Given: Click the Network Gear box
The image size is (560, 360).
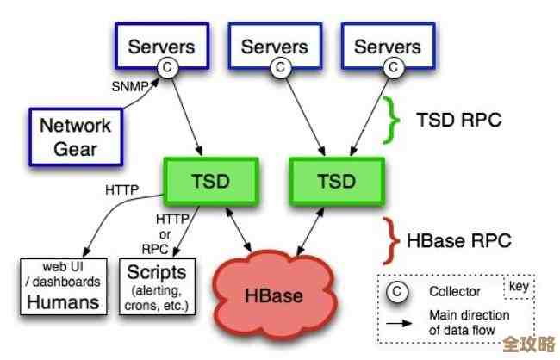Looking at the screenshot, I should (x=75, y=136).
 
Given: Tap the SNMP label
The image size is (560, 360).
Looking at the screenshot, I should (x=128, y=85).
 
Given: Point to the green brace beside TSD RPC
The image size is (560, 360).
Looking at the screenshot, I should (x=393, y=120).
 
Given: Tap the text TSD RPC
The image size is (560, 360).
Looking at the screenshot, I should (x=458, y=120).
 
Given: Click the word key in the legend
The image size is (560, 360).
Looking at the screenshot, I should (x=518, y=287).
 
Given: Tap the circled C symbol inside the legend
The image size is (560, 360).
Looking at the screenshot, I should (x=397, y=292).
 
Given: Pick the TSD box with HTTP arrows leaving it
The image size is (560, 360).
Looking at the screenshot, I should (x=210, y=182).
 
